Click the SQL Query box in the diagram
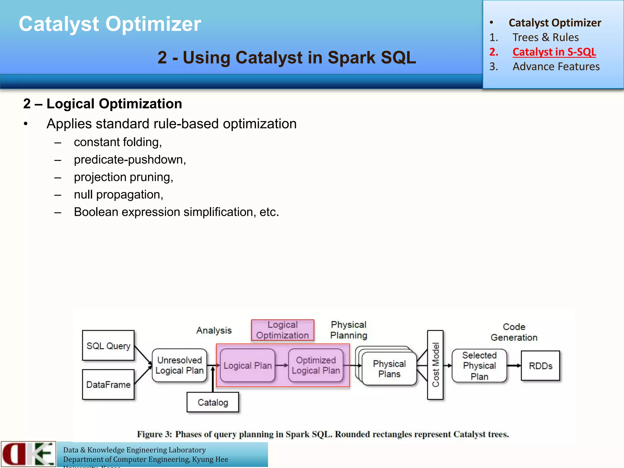click(108, 346)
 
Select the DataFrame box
click(108, 385)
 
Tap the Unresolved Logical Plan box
click(179, 365)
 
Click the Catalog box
click(213, 402)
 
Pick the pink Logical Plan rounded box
click(247, 365)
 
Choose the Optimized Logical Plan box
click(316, 365)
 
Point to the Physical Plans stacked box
click(389, 369)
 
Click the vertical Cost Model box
click(435, 365)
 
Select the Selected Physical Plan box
click(479, 365)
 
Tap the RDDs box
click(541, 366)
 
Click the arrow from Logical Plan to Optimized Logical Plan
click(282, 365)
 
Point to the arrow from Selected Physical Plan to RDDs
click(514, 366)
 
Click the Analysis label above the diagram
click(214, 330)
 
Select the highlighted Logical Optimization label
click(282, 330)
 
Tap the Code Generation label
click(514, 332)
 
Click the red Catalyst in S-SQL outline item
click(554, 52)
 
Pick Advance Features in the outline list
click(556, 66)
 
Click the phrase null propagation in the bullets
click(119, 194)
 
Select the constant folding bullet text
click(118, 142)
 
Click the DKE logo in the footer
click(28, 454)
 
